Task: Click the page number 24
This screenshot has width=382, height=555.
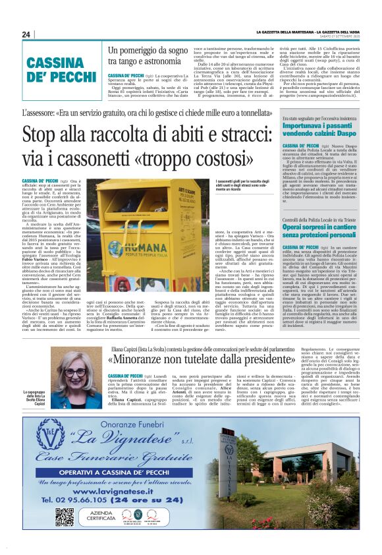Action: click(26, 34)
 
